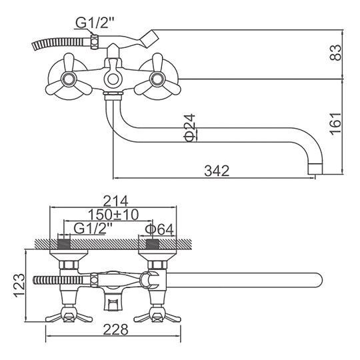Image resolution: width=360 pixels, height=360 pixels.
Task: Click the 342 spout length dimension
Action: [217, 171]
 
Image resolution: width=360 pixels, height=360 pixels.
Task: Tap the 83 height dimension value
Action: [336, 53]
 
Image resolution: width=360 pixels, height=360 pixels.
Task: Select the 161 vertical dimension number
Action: [336, 124]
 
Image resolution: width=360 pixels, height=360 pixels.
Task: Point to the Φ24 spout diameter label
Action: [189, 128]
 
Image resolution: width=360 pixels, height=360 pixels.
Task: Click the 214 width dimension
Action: [115, 201]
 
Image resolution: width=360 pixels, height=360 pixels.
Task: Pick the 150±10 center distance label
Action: [113, 215]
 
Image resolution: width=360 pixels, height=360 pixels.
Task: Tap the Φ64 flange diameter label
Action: [159, 229]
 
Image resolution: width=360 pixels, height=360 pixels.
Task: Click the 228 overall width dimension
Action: [115, 330]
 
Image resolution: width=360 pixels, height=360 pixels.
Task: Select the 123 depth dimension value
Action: [19, 285]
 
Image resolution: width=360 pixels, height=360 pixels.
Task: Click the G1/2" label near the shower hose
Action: [95, 23]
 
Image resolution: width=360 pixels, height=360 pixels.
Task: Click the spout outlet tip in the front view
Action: [315, 169]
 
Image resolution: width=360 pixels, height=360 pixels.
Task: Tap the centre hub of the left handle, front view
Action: [68, 79]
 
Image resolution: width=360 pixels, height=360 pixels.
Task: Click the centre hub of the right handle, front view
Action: [157, 79]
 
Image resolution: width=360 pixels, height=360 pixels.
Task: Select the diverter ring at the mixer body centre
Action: [113, 79]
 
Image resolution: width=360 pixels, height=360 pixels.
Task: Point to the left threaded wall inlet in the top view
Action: [63, 244]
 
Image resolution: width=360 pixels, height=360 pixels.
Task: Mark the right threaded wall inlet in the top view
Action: [153, 244]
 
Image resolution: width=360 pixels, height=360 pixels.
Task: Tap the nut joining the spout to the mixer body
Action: [113, 95]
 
